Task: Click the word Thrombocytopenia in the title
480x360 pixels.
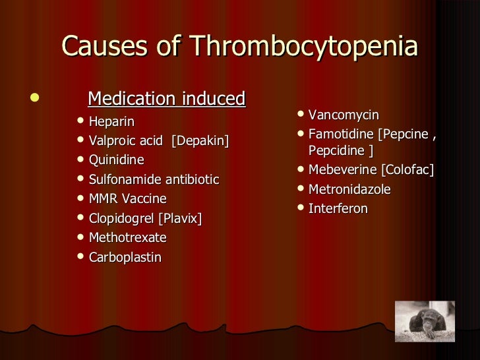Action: coord(304,47)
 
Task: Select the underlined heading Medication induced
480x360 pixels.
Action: coord(166,99)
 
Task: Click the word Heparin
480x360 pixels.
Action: coord(111,121)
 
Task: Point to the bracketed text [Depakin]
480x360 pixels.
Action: coord(200,141)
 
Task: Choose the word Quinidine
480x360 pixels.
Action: coord(116,160)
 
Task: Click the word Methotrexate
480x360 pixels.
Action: coord(127,237)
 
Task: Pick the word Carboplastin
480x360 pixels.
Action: coord(125,257)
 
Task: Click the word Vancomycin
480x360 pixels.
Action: coord(344,115)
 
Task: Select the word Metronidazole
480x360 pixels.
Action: coord(349,190)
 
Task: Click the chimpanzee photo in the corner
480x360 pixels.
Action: coord(425,321)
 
